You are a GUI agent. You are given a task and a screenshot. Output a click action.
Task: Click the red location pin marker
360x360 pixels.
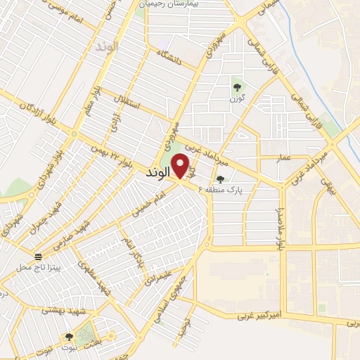click(181, 166)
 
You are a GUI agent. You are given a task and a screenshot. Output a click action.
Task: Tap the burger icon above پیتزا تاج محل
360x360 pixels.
click(38, 255)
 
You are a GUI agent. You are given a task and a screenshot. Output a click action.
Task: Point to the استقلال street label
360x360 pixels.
click(130, 106)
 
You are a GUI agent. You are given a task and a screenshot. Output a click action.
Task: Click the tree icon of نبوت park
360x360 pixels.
click(69, 337)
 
